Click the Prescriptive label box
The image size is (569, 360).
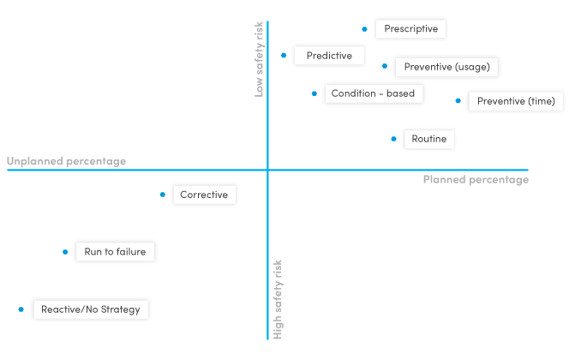410,29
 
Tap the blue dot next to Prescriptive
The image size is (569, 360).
364,29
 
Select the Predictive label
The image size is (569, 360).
329,56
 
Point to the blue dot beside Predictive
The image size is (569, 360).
284,56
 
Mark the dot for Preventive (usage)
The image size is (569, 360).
385,66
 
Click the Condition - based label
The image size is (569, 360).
373,93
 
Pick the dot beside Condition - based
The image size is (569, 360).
314,93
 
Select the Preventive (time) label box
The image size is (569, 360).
516,101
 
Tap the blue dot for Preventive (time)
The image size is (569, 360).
458,101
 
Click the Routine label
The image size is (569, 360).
428,139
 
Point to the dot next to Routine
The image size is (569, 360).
393,139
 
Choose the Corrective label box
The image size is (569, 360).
204,195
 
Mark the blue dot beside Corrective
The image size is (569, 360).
162,195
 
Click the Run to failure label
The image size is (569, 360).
115,252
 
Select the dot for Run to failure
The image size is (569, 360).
65,252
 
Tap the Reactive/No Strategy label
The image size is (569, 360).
91,309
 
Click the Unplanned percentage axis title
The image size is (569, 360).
66,161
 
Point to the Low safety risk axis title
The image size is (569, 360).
260,60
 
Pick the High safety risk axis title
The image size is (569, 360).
278,299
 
